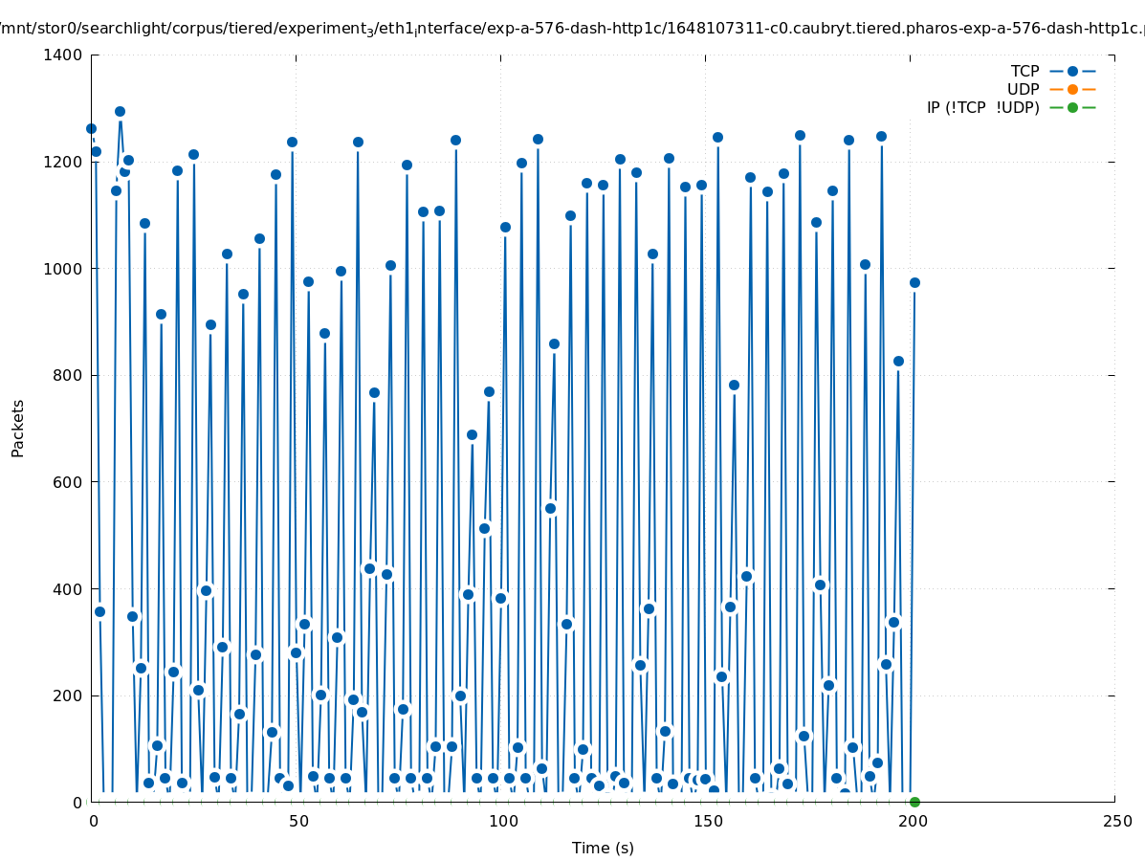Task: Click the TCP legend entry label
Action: click(1024, 72)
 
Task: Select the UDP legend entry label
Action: click(1023, 90)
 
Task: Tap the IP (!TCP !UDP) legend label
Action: click(982, 108)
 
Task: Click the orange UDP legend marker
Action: click(1072, 90)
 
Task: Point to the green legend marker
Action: click(1072, 108)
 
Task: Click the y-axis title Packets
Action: click(18, 428)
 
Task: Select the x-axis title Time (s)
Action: click(603, 849)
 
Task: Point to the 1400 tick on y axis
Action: click(62, 55)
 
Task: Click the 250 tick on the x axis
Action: click(1115, 822)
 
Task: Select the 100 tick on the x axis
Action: click(501, 822)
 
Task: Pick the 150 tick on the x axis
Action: click(706, 822)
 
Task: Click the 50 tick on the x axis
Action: click(297, 822)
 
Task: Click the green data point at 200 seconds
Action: click(914, 802)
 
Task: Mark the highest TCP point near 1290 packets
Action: click(120, 111)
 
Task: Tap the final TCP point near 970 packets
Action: click(914, 282)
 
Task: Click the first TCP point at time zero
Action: click(91, 128)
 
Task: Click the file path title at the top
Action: click(572, 30)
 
